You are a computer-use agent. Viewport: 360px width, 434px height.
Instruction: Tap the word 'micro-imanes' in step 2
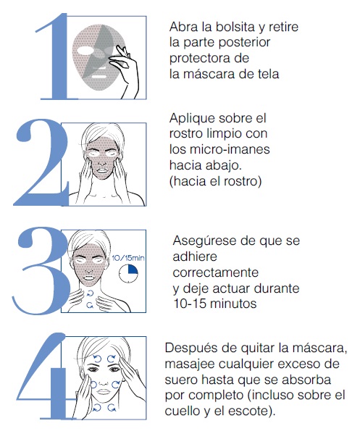[x=230, y=149]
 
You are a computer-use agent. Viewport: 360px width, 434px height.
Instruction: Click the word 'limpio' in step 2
[x=223, y=134]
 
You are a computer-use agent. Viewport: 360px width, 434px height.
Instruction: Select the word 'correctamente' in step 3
[x=216, y=272]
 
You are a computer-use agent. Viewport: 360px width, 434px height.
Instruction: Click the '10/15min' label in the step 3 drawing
[x=128, y=258]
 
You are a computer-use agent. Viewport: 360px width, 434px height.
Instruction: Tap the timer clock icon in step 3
[x=128, y=274]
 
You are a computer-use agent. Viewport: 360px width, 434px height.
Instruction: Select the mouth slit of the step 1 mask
[x=99, y=76]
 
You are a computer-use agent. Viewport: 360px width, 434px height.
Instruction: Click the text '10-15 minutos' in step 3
[x=214, y=304]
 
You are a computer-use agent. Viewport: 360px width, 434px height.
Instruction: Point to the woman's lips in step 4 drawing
[x=103, y=392]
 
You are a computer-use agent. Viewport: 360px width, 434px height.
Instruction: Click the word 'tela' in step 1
[x=269, y=74]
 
